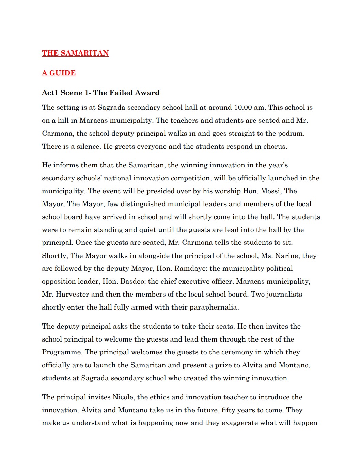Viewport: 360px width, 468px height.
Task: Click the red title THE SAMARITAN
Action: (75, 53)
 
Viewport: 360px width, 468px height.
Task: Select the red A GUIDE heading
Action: (59, 73)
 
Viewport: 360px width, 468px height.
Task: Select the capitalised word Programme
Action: (62, 352)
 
